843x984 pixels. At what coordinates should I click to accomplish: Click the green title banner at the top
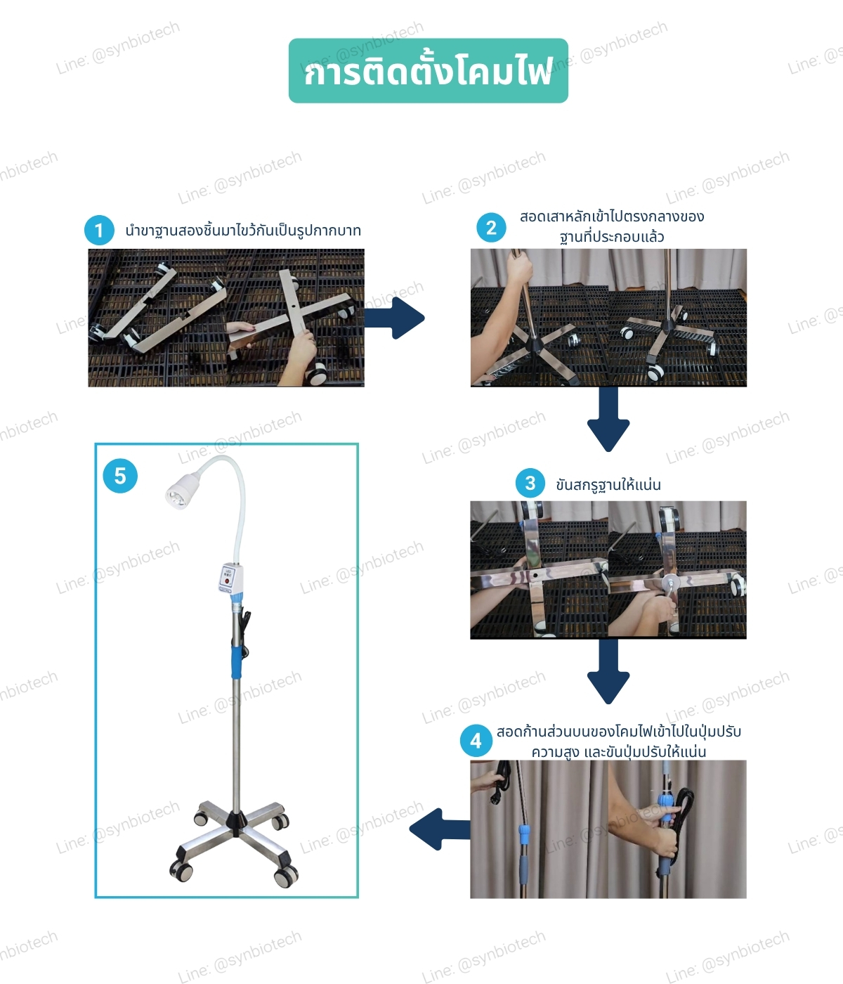click(x=428, y=71)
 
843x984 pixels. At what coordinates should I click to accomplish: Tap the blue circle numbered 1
click(x=99, y=231)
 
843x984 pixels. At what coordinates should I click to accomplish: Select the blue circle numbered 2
click(x=491, y=228)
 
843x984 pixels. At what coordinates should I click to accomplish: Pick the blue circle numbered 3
click(x=530, y=483)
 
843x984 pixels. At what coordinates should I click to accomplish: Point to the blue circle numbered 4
click(x=476, y=741)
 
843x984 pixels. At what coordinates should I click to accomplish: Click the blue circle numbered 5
click(x=120, y=476)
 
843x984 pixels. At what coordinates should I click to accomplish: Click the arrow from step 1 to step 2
click(x=394, y=318)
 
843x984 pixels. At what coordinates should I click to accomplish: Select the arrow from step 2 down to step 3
click(x=608, y=419)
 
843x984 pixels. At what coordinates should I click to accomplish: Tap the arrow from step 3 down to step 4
click(x=608, y=671)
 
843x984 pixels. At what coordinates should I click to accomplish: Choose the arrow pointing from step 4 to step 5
click(x=440, y=829)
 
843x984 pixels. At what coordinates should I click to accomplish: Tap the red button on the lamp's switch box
click(x=227, y=581)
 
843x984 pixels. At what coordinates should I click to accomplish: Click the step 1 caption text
click(x=243, y=231)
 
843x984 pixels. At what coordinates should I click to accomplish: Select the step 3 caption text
click(x=608, y=485)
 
